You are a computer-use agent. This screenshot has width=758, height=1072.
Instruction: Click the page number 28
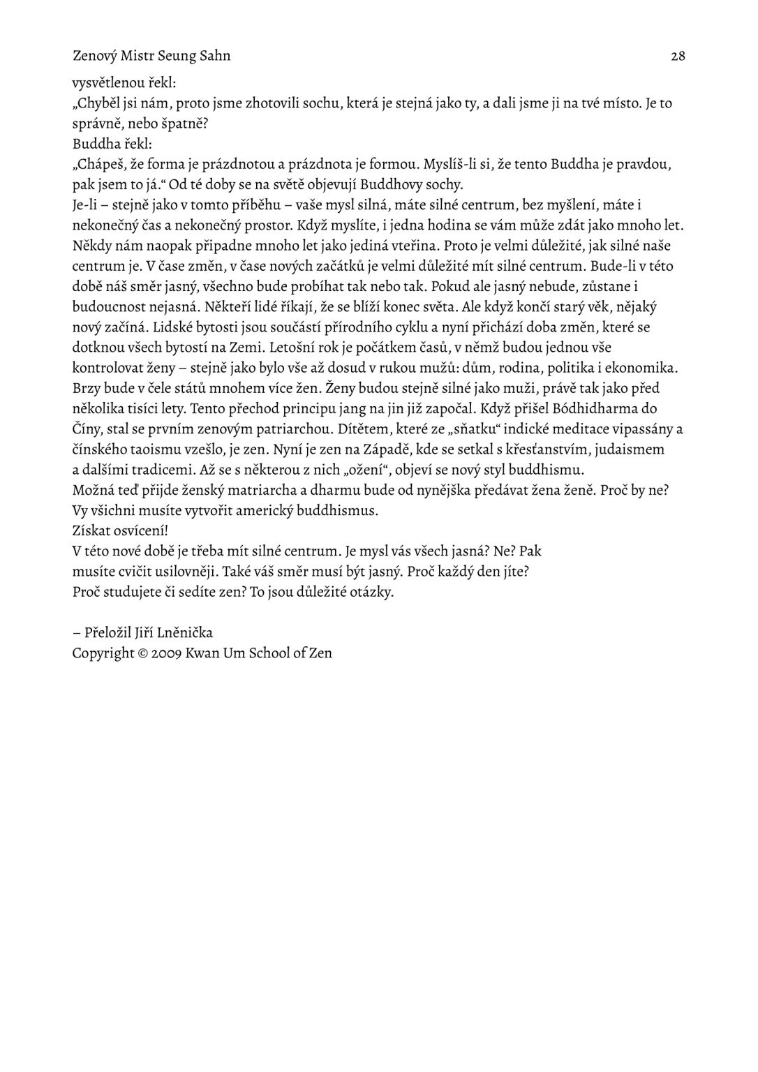click(x=677, y=56)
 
